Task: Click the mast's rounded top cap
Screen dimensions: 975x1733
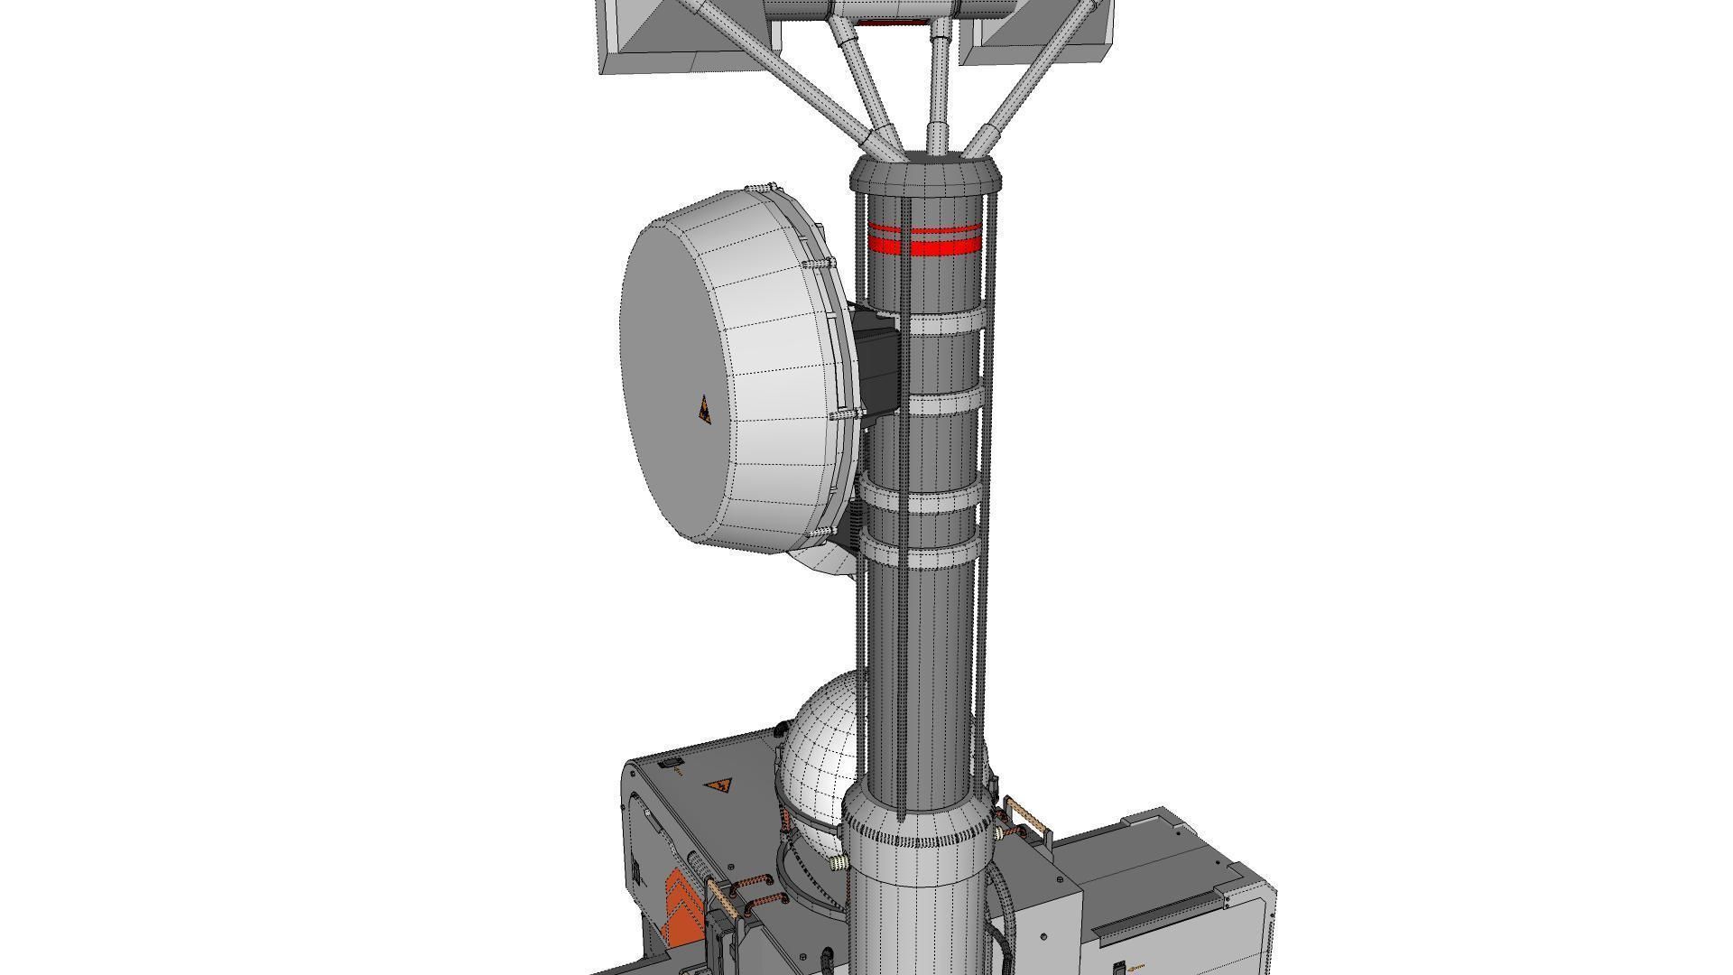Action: [x=926, y=175]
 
